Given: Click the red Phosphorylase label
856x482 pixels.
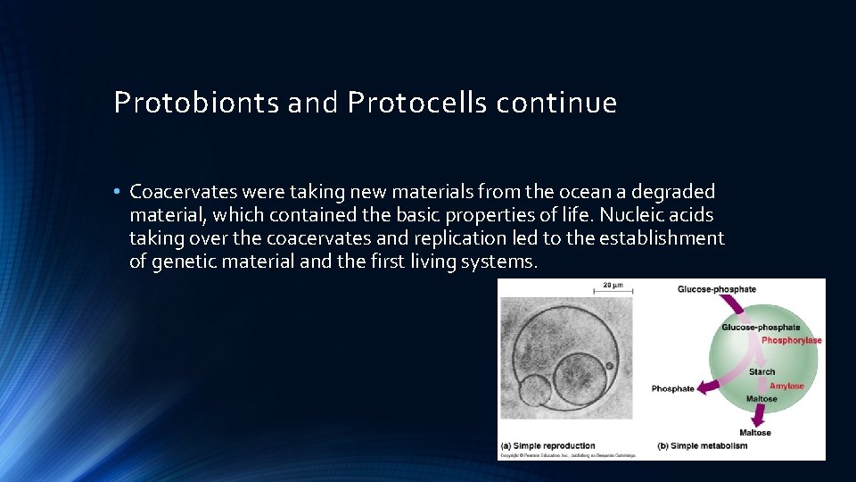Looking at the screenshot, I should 791,340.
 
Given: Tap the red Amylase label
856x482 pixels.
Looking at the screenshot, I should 786,386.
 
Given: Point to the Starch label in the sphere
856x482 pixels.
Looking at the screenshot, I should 761,371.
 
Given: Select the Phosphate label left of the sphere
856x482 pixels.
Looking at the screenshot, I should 672,389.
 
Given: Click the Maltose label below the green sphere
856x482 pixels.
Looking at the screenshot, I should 754,433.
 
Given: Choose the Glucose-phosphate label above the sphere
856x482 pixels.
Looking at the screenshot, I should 716,289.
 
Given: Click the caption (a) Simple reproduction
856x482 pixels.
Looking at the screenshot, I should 547,445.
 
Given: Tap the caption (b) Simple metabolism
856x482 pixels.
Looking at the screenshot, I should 702,445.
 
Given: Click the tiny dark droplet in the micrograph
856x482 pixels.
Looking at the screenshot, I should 610,365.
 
